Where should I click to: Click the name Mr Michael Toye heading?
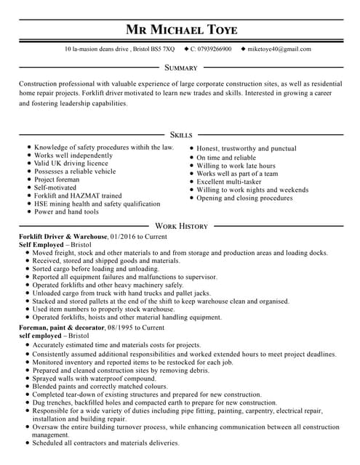click(x=180, y=30)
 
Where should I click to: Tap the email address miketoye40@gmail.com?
click(x=279, y=49)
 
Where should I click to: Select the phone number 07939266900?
click(x=215, y=49)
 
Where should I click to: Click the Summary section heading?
click(x=180, y=68)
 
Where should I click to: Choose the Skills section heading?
click(x=180, y=134)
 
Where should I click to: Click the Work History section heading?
click(x=180, y=226)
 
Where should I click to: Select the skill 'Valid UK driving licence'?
click(x=71, y=163)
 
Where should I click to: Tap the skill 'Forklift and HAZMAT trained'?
click(x=78, y=195)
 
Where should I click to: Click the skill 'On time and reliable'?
click(x=226, y=158)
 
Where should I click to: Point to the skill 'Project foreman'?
click(x=57, y=179)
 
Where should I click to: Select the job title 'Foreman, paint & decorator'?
click(x=62, y=328)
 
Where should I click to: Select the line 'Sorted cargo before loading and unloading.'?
click(x=95, y=269)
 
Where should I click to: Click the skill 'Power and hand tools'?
click(x=66, y=211)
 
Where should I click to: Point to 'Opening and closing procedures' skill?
click(x=244, y=198)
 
